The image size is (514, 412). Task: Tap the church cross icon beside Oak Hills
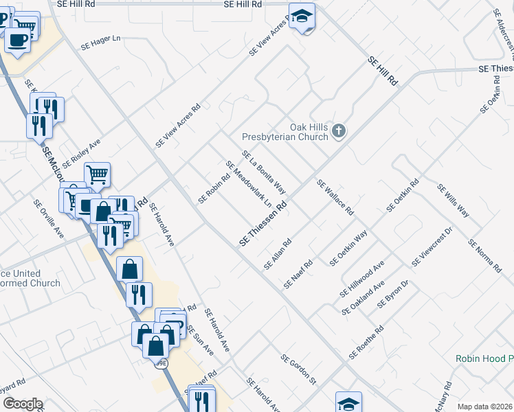pos(338,130)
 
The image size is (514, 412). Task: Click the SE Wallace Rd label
pos(335,196)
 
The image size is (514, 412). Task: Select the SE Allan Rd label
pos(278,254)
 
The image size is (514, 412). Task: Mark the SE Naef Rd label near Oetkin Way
pos(299,274)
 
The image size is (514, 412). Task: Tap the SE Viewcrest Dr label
pos(431,249)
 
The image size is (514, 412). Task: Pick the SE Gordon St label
pos(298,369)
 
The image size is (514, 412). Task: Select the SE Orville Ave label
pos(49,219)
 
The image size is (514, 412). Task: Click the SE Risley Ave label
pos(81,155)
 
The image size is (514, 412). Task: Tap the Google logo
pos(22,404)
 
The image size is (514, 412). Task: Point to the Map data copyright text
pos(485,407)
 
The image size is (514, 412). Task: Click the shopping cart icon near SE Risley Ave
pos(97,174)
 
